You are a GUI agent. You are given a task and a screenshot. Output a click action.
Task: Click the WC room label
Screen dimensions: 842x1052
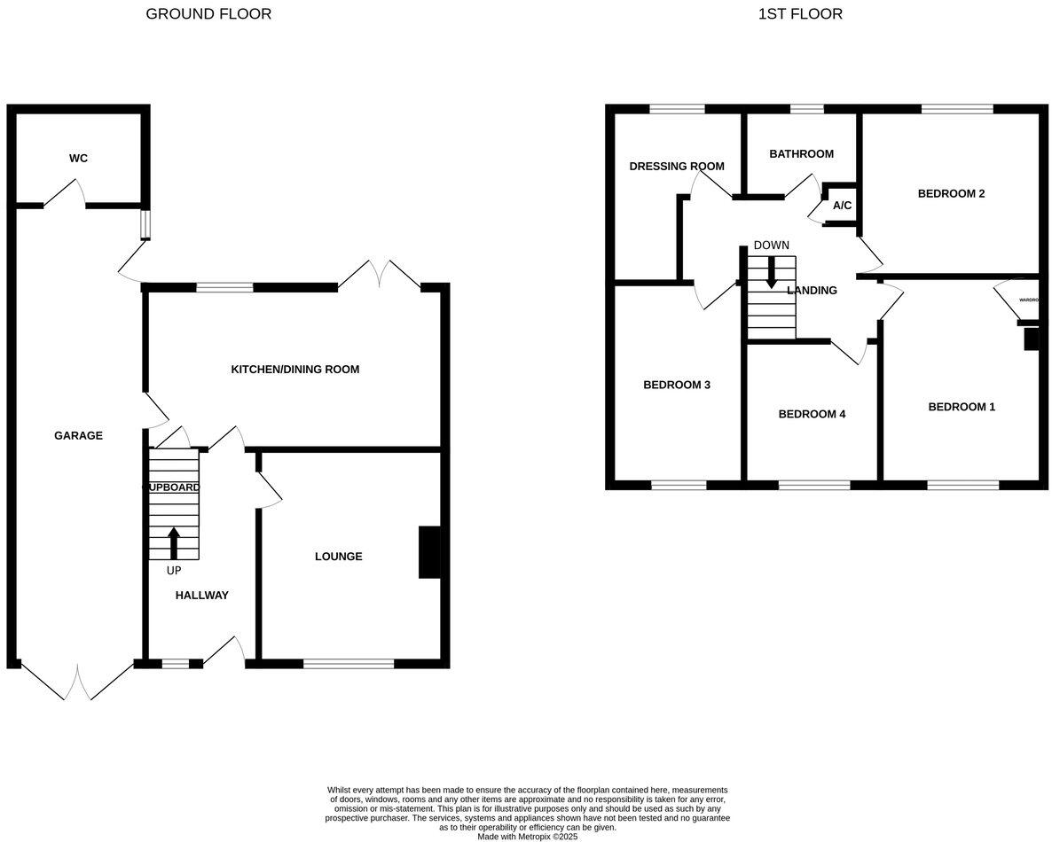coord(79,159)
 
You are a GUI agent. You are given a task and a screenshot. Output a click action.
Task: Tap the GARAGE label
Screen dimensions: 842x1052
coord(78,435)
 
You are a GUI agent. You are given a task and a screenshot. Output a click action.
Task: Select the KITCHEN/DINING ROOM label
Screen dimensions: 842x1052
coord(295,369)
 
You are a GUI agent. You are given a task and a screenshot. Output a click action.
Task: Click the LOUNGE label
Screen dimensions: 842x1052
coord(339,557)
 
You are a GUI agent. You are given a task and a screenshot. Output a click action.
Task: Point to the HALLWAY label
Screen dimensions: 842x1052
coord(201,596)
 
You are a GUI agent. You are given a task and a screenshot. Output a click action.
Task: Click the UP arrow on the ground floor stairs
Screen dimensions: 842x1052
coord(173,542)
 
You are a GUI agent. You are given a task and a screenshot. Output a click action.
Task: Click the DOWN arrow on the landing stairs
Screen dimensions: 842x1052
coord(771,271)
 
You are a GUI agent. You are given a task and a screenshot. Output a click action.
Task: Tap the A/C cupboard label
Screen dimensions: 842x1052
coord(842,206)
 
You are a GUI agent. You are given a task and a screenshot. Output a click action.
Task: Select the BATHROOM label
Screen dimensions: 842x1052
coord(801,153)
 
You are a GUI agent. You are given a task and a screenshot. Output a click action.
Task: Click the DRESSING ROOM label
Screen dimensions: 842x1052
coord(677,166)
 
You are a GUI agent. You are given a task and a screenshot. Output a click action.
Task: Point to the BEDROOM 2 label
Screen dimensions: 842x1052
coord(951,193)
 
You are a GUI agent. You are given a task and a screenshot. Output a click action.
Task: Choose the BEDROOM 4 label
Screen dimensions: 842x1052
coord(812,414)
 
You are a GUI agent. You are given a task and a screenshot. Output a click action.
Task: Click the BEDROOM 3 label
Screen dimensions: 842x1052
coord(677,385)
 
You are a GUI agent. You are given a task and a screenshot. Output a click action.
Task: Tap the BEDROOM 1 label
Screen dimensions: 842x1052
coord(962,407)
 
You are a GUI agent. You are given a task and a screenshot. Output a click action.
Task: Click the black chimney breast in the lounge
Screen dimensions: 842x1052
coord(429,553)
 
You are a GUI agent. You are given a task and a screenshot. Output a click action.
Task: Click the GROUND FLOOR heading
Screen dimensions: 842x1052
coord(208,13)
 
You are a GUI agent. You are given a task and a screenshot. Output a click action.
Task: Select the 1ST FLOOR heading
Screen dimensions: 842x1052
coord(800,13)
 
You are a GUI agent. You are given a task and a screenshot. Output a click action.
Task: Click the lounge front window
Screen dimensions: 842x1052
coord(349,662)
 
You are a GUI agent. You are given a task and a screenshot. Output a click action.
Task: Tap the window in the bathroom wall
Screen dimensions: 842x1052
coord(806,109)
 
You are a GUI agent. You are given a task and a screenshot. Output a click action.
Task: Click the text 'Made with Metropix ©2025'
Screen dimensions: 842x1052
coord(527,836)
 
